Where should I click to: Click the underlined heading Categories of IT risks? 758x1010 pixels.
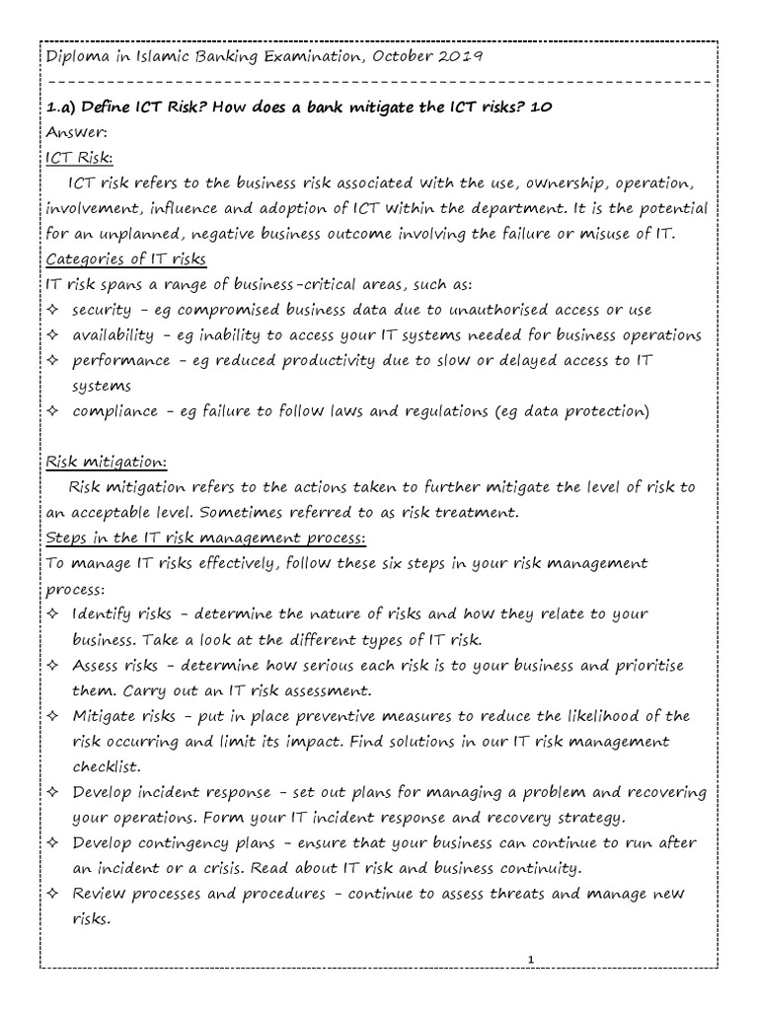[x=126, y=260]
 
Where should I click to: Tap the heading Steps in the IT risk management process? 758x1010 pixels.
[x=206, y=539]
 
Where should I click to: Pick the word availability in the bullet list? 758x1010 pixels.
[x=113, y=336]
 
